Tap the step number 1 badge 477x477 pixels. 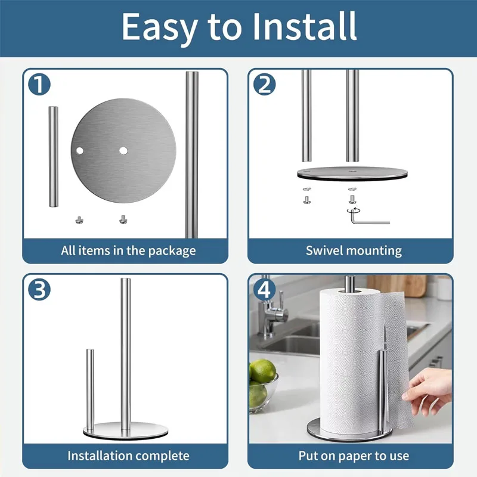click(x=39, y=85)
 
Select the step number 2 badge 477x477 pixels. click(x=264, y=85)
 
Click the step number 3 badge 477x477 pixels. click(x=39, y=290)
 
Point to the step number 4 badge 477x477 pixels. click(x=264, y=290)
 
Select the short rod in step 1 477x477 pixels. click(x=53, y=156)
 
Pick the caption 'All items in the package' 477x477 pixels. click(x=128, y=250)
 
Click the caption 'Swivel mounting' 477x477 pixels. click(x=354, y=250)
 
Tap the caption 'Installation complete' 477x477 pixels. click(x=128, y=456)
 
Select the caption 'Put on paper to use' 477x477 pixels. click(x=354, y=456)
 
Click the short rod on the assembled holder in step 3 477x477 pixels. click(x=90, y=388)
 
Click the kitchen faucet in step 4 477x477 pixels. click(x=271, y=310)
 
